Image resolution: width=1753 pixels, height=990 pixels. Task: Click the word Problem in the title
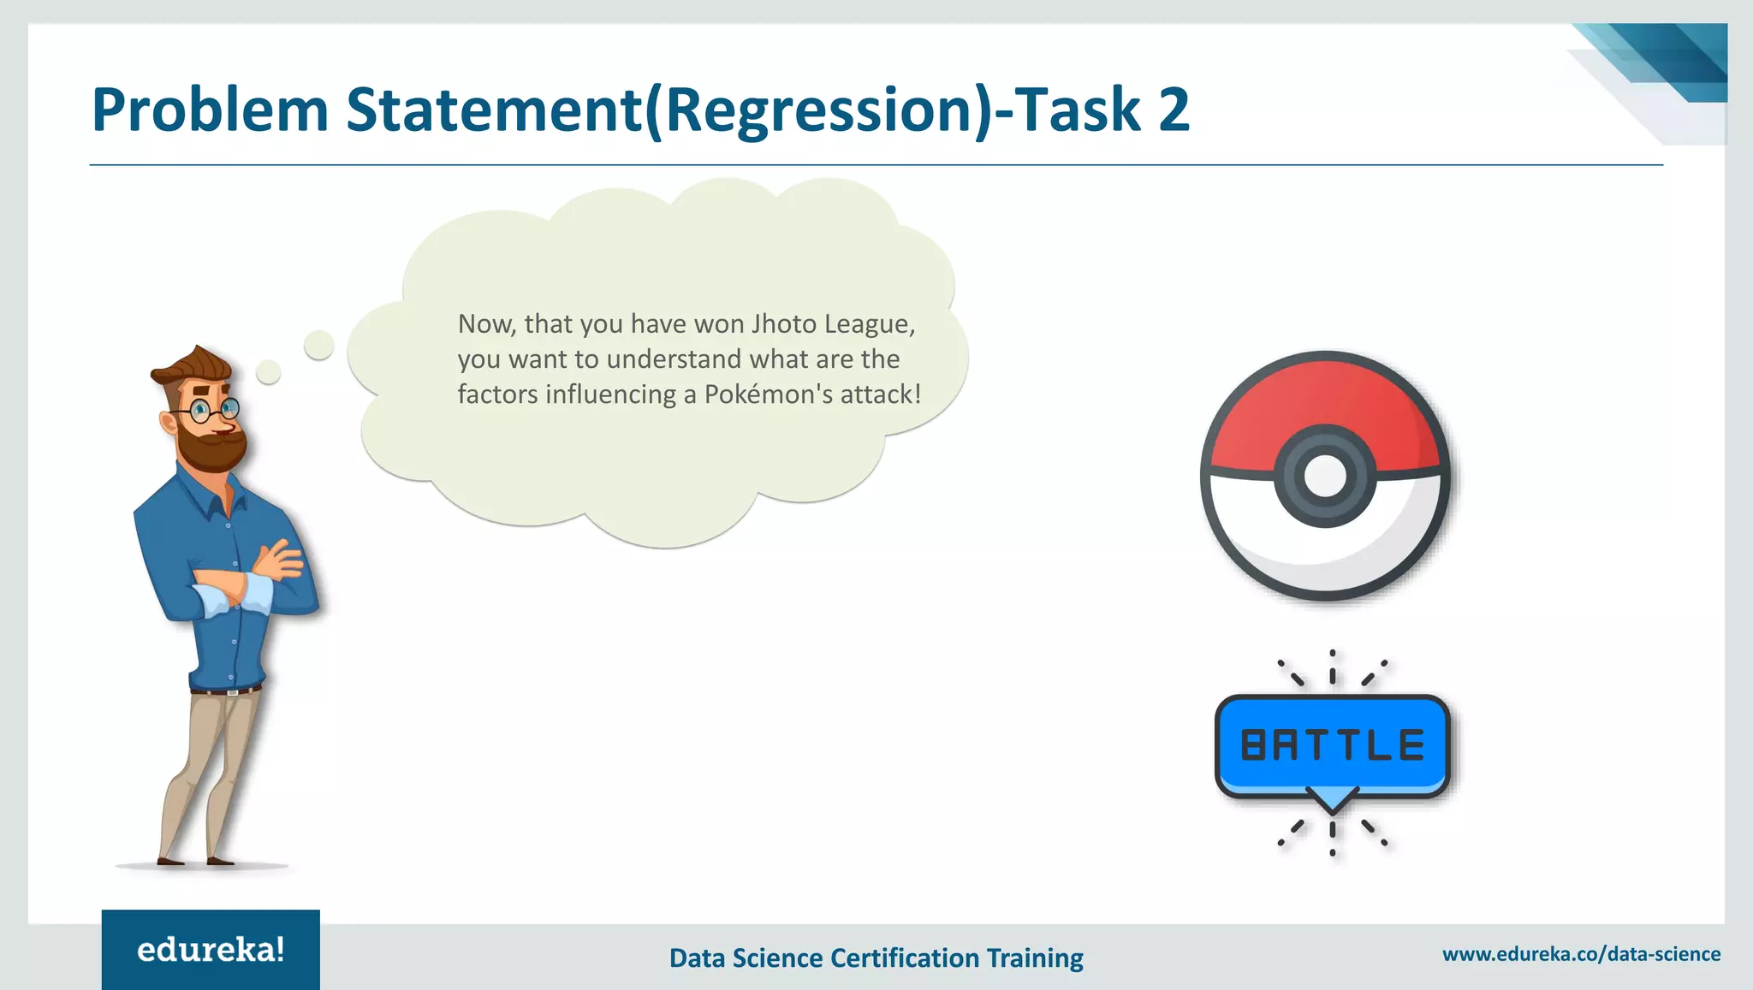210,110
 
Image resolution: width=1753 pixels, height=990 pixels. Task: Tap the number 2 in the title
1174,110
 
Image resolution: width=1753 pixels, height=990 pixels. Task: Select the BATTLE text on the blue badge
1332,745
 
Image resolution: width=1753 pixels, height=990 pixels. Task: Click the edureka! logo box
211,949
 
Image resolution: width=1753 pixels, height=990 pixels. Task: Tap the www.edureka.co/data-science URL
1581,954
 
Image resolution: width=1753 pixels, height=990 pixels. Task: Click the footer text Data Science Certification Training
876,957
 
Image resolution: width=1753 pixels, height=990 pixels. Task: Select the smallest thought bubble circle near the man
269,372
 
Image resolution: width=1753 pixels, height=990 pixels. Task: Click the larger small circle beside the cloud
318,345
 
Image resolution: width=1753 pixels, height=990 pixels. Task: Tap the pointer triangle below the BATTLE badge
1333,801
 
